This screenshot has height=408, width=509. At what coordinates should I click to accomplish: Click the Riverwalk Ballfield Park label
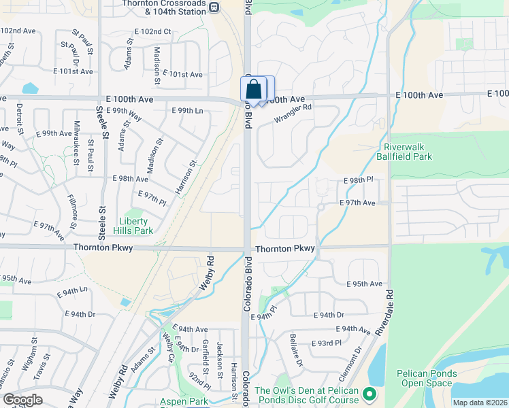coord(408,152)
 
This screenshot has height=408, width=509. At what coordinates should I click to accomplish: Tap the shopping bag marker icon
coord(253,89)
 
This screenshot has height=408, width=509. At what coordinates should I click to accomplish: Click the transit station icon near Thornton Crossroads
coord(214,7)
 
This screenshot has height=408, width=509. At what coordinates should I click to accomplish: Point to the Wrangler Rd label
coord(293,113)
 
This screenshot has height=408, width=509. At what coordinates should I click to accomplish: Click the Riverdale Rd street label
coord(389,313)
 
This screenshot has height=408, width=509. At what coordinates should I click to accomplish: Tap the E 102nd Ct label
coord(153,32)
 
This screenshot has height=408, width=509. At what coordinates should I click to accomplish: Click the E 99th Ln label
coord(187,110)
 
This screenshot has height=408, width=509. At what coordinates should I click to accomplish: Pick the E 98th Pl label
coord(358,180)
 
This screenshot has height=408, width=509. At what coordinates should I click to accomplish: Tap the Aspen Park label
coord(184,402)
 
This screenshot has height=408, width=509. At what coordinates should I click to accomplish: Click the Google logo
coord(23,400)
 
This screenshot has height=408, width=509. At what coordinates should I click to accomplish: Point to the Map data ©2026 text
coord(479,403)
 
